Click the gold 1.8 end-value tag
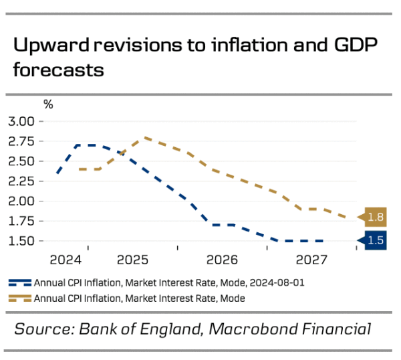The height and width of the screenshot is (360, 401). click(376, 217)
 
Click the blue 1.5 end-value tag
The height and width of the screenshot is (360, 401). click(376, 240)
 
